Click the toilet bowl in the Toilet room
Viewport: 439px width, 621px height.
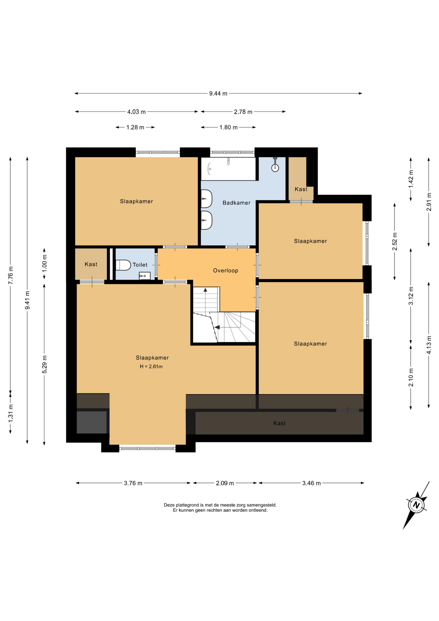click(x=123, y=265)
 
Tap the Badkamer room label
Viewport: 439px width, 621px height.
click(x=236, y=203)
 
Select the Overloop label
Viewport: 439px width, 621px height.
click(x=226, y=270)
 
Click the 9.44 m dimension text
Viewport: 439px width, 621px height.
click(x=218, y=93)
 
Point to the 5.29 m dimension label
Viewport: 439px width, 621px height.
click(x=45, y=364)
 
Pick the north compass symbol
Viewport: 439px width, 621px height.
click(x=416, y=505)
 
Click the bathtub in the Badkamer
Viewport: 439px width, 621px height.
click(x=228, y=169)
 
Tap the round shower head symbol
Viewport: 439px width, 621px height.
click(x=275, y=168)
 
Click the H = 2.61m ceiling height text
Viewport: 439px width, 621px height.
click(x=151, y=366)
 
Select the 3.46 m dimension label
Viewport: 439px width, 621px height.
click(x=311, y=483)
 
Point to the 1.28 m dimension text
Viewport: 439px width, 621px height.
click(x=135, y=127)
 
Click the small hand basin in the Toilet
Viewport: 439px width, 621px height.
click(x=145, y=276)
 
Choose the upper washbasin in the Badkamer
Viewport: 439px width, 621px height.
click(x=206, y=199)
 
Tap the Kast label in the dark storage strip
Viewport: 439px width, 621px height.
click(x=280, y=423)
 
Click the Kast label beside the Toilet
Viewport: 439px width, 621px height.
click(x=91, y=264)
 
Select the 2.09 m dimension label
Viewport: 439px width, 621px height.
click(x=225, y=483)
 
